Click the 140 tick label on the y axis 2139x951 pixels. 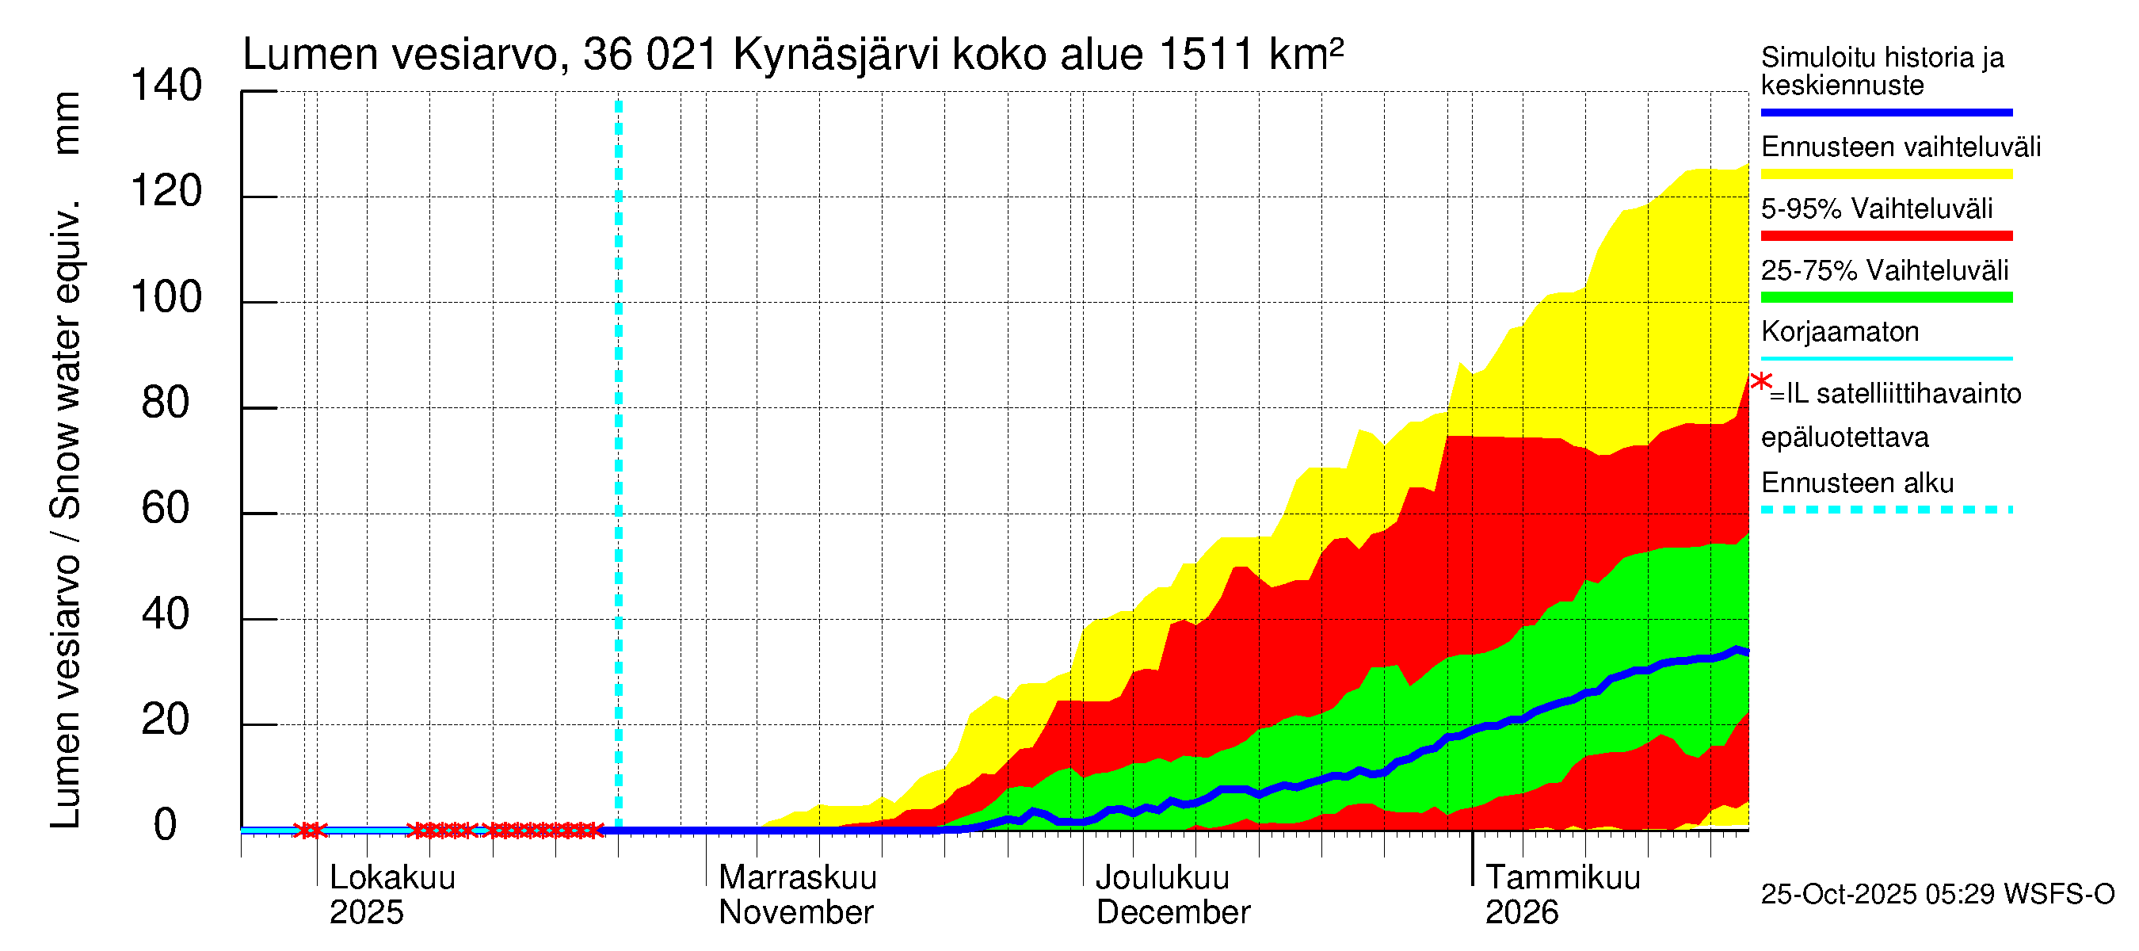pyautogui.click(x=166, y=86)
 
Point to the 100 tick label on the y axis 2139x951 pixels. pyautogui.click(x=166, y=297)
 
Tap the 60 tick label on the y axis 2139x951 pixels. pyautogui.click(x=166, y=508)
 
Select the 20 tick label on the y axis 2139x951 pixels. pyautogui.click(x=166, y=720)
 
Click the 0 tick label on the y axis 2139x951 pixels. pyautogui.click(x=166, y=826)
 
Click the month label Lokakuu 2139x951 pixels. pyautogui.click(x=393, y=877)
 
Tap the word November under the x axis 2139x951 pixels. pyautogui.click(x=795, y=912)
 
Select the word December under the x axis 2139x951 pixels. pyautogui.click(x=1172, y=912)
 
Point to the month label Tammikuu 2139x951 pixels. pyautogui.click(x=1563, y=877)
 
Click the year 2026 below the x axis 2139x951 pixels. pyautogui.click(x=1521, y=912)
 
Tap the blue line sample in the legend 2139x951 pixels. pyautogui.click(x=1886, y=112)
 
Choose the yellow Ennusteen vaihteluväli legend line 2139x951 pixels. pyautogui.click(x=1886, y=174)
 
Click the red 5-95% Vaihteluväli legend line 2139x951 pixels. pyautogui.click(x=1886, y=236)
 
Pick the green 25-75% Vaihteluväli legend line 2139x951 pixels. pyautogui.click(x=1886, y=297)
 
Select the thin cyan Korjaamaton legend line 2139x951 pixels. pyautogui.click(x=1886, y=359)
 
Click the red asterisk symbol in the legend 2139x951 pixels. pyautogui.click(x=1760, y=382)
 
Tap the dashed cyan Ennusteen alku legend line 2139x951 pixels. pyautogui.click(x=1886, y=510)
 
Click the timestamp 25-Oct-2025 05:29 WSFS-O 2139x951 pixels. pyautogui.click(x=1937, y=895)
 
